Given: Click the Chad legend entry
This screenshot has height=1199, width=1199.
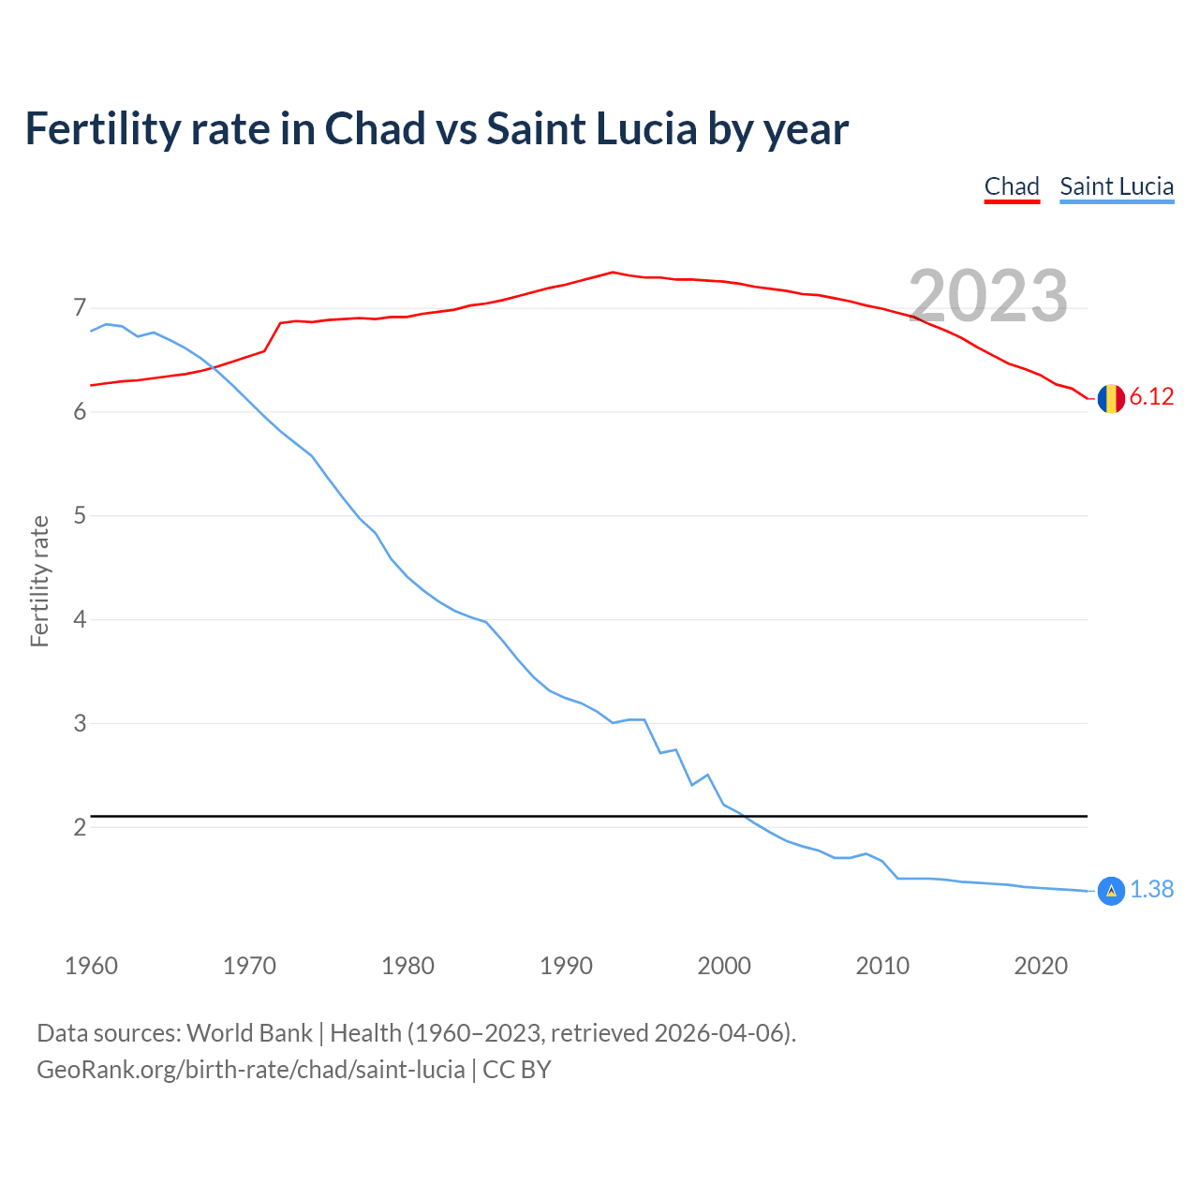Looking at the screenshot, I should coord(1012,186).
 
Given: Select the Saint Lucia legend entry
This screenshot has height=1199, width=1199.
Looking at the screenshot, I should coord(1117,186).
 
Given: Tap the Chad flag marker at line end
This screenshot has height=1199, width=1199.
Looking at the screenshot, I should coord(1111,398).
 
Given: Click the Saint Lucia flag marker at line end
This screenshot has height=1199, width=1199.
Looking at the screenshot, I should coord(1111,891).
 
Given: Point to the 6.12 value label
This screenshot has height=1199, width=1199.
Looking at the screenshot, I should coord(1151,397).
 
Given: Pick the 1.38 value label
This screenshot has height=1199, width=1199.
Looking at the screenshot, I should coord(1151,890).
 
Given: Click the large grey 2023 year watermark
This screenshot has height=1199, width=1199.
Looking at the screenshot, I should coord(988,296).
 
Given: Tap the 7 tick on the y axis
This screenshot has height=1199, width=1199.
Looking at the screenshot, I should coord(80,308).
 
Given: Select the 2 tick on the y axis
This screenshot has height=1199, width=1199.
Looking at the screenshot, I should coord(80,827).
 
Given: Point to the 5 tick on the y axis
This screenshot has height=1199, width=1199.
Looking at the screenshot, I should coord(80,516).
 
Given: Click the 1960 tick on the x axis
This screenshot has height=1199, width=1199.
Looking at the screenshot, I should coord(91,966).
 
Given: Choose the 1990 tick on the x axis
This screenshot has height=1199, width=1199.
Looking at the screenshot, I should coord(566,966).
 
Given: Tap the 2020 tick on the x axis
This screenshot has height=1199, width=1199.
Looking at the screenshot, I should coord(1041,966).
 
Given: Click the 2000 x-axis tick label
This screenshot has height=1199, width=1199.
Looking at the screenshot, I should coord(724,966).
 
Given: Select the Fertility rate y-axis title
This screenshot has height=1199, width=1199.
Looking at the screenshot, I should coord(39,581).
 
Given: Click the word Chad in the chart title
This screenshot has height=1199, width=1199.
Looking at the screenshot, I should coord(375,129).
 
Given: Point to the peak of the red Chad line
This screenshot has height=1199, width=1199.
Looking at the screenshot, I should coord(613,272).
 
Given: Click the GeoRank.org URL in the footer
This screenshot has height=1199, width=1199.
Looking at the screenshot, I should coord(250,1070).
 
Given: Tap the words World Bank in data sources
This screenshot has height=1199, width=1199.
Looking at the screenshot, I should coord(249,1033).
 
